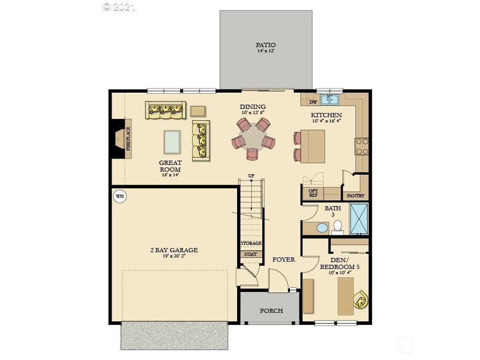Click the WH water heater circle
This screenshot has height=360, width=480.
click(x=120, y=197)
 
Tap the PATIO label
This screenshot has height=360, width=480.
click(x=265, y=45)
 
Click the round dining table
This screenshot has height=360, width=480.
click(x=253, y=137)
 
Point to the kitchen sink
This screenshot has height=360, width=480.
click(x=330, y=99)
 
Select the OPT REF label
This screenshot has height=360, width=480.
click(x=313, y=193)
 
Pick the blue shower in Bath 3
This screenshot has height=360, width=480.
click(x=359, y=218)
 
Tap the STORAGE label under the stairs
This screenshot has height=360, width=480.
click(x=251, y=243)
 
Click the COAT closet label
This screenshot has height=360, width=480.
click(x=251, y=254)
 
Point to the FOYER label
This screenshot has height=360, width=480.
click(x=284, y=260)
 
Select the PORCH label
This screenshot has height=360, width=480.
click(x=271, y=310)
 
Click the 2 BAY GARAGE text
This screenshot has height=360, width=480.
click(x=173, y=250)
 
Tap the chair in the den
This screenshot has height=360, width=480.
click(x=360, y=300)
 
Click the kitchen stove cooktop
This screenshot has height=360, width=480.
click(x=362, y=146)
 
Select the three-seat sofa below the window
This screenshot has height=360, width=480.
click(x=165, y=109)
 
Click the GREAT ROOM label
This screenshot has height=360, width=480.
click(x=170, y=166)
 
